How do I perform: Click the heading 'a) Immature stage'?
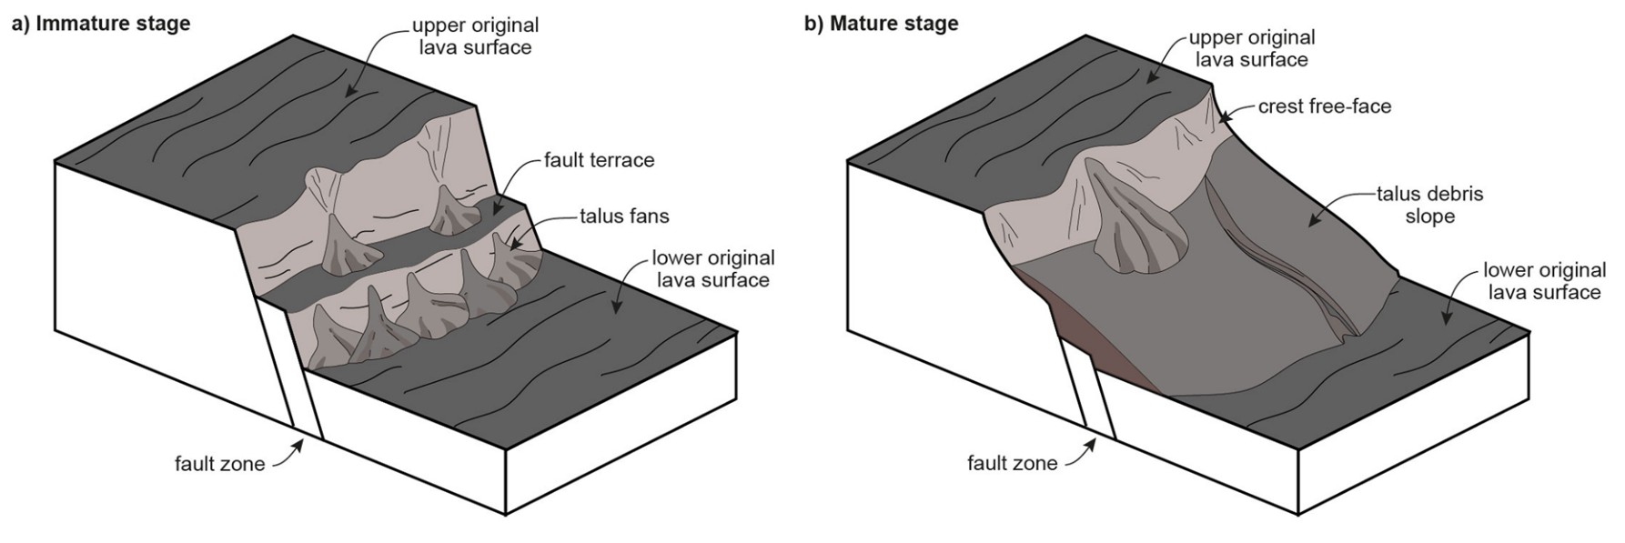[100, 24]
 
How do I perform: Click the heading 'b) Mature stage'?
[881, 24]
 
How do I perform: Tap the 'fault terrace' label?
[599, 160]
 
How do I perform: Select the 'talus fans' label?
[624, 216]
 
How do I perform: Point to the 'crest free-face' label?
[1324, 106]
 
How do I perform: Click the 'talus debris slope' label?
[1429, 206]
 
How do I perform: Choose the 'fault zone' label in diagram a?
[219, 464]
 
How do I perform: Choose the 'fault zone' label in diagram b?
[1012, 463]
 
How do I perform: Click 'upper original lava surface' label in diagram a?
[475, 36]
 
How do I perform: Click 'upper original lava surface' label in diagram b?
[1252, 48]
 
